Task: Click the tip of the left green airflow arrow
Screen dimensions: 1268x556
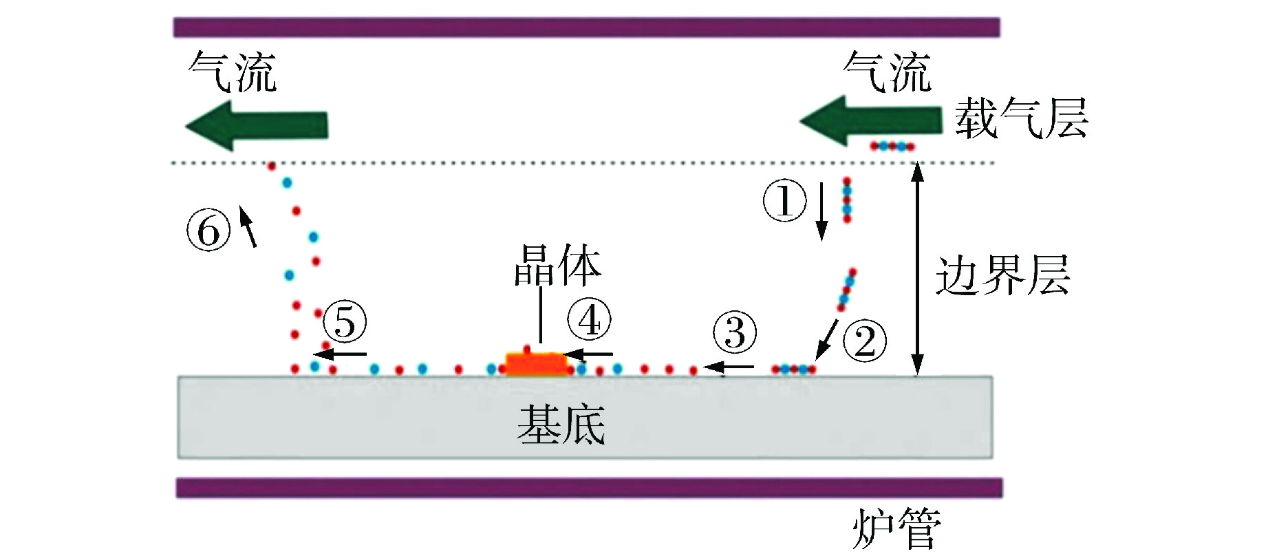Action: [186, 126]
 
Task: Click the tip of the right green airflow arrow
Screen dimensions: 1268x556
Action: [800, 121]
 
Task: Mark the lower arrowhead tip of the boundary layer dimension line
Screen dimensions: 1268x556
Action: [917, 375]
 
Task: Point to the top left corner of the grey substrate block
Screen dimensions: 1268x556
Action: [178, 376]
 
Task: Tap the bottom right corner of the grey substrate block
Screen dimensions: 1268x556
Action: [992, 458]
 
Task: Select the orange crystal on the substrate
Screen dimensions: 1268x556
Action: [536, 363]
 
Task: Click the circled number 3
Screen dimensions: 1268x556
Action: [735, 332]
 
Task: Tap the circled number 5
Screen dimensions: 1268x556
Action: [345, 321]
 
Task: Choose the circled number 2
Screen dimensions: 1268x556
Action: [865, 341]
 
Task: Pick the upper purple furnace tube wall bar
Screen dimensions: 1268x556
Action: [586, 28]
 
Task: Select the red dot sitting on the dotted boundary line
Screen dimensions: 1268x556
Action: [272, 166]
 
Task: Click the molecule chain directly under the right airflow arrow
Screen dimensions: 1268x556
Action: [892, 146]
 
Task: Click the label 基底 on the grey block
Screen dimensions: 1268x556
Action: [561, 424]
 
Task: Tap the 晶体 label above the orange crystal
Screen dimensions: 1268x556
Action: [557, 265]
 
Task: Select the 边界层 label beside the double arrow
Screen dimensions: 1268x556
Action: [1003, 275]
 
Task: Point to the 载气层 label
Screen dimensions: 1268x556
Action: [1021, 118]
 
